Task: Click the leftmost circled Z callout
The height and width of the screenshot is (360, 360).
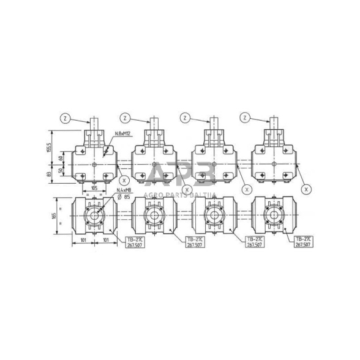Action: (x=66, y=117)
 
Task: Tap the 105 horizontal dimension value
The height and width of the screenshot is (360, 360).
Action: (x=94, y=187)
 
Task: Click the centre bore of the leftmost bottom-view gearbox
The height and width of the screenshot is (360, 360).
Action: (x=94, y=217)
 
